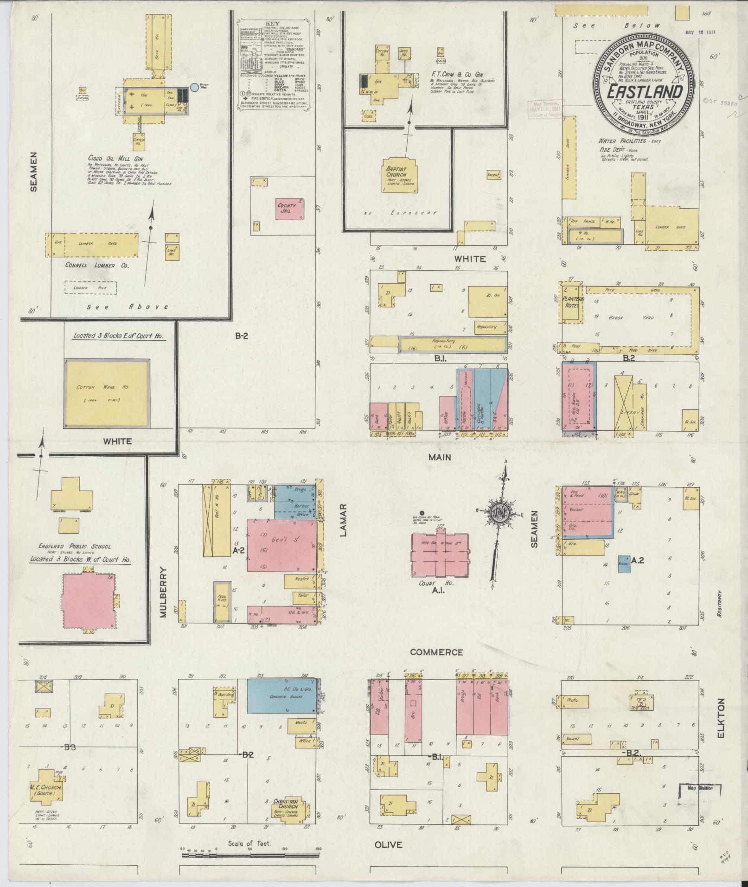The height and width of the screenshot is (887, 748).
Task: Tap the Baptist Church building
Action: click(398, 176)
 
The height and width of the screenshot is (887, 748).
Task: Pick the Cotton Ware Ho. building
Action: click(107, 393)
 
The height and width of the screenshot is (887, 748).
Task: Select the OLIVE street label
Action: click(388, 845)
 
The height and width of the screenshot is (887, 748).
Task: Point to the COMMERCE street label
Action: click(436, 652)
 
